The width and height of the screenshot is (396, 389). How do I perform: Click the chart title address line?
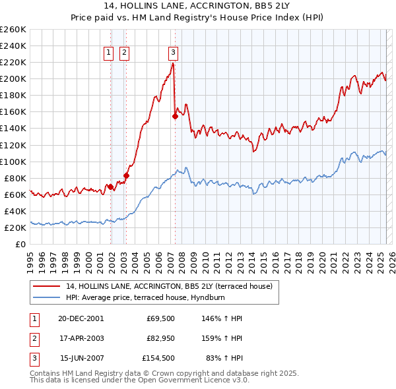click(197, 7)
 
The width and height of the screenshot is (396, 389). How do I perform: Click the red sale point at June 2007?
click(175, 116)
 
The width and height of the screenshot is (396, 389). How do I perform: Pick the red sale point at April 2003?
click(126, 175)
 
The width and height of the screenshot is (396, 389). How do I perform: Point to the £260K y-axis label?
click(13, 30)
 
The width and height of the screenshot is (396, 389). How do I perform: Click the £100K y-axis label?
click(13, 162)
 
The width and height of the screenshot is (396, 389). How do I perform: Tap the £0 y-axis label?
click(20, 244)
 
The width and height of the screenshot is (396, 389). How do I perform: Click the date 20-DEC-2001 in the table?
click(81, 318)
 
